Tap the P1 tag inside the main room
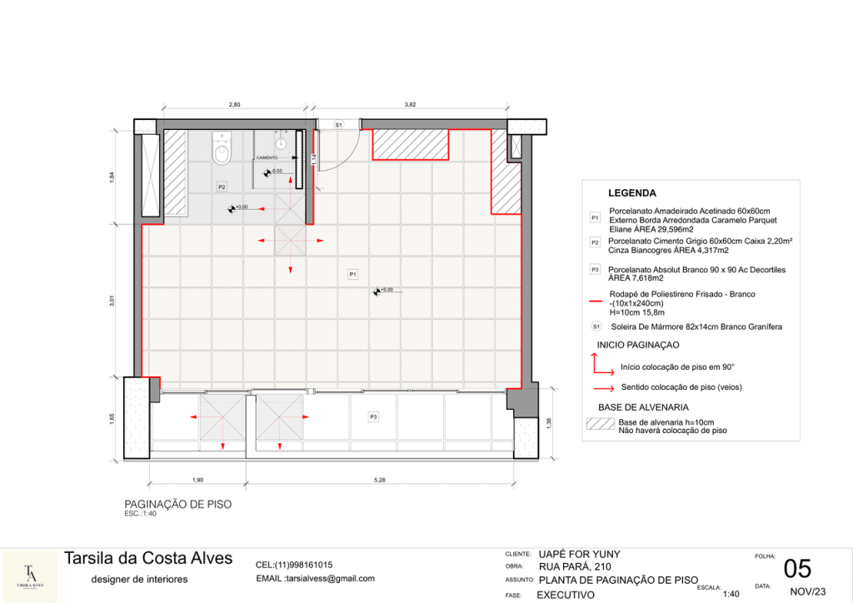[352, 273]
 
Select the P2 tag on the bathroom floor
[222, 187]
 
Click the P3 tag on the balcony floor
[374, 416]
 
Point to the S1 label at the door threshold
[338, 124]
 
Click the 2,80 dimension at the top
[234, 105]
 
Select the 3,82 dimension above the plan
[410, 105]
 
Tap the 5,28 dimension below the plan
[380, 480]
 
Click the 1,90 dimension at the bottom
[198, 480]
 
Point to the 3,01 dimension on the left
[112, 301]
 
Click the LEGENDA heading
[631, 193]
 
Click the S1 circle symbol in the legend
[596, 326]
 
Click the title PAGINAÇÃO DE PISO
[177, 504]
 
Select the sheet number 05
[797, 569]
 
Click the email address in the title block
[316, 578]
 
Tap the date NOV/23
[801, 591]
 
